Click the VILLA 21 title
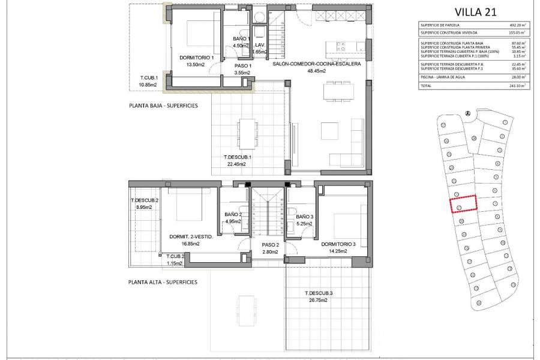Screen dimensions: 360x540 point(476,11)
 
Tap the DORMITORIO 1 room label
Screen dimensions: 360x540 point(196,58)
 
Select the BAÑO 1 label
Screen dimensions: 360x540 point(241,39)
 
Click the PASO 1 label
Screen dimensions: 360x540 point(242,66)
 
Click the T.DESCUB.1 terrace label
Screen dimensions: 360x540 point(238,158)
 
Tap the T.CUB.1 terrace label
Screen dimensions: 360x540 point(148,78)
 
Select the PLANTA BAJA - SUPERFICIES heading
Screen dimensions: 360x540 point(163,105)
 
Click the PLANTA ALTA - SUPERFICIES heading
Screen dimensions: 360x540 point(163,281)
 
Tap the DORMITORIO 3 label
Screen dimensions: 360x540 point(338,244)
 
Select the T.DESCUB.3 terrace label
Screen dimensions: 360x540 point(318,293)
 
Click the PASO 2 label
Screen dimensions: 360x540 point(270,245)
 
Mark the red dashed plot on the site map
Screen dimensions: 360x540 point(463,204)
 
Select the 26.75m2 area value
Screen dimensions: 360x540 point(318,300)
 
